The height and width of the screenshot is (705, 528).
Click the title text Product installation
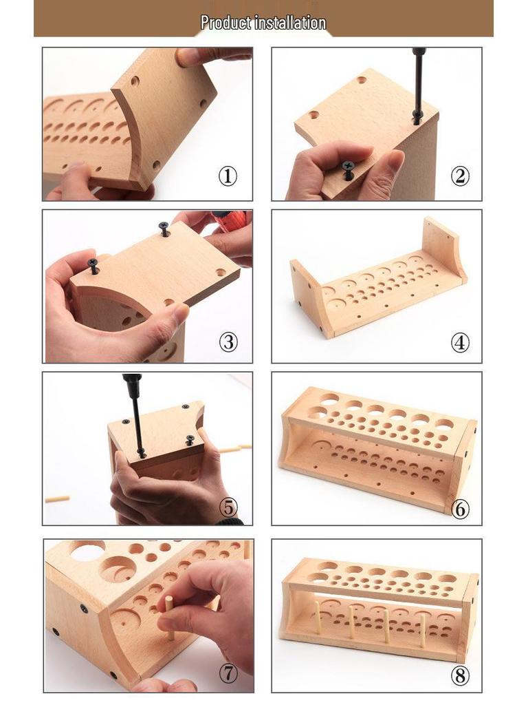[263, 22]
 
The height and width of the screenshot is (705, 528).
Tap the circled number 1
[228, 176]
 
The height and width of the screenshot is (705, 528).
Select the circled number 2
[460, 176]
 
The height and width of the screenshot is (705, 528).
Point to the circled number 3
[228, 342]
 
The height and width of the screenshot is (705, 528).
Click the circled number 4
[460, 342]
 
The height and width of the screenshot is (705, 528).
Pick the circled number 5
[228, 507]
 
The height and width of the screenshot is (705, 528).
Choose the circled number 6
[460, 509]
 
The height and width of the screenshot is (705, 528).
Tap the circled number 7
[228, 673]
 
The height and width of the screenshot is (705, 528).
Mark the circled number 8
[460, 675]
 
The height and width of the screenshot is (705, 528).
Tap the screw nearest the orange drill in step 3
[165, 229]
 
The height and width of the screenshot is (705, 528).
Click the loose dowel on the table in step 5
[58, 498]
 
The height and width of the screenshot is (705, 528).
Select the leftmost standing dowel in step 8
[317, 618]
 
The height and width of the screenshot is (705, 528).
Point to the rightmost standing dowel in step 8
[422, 631]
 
